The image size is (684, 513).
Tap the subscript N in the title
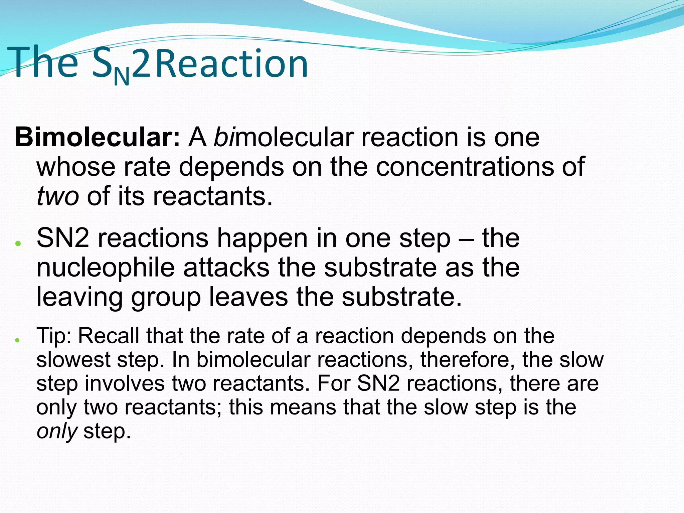[x=121, y=77]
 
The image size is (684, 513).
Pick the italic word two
[x=57, y=196]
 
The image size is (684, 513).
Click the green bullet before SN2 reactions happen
[x=18, y=243]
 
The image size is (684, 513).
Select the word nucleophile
[x=106, y=268]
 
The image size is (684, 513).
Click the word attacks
[x=226, y=268]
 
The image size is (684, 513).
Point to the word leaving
[x=79, y=297]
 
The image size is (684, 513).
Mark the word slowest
[x=73, y=360]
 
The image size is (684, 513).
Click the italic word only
[x=57, y=432]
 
